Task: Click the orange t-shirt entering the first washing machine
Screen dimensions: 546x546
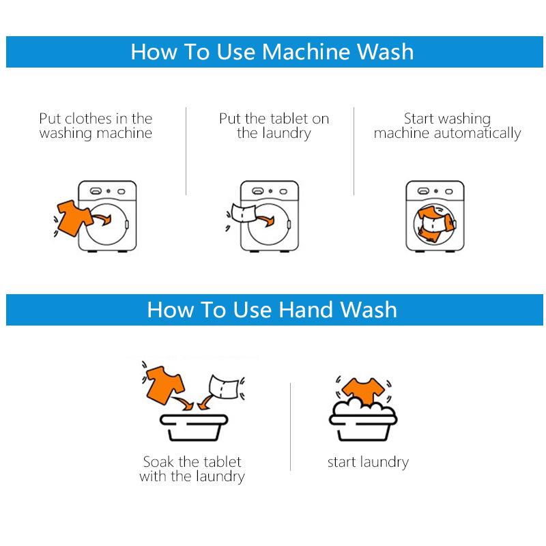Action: (x=74, y=218)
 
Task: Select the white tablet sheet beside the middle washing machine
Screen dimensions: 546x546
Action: (x=244, y=213)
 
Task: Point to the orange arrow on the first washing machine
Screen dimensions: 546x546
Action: (x=102, y=219)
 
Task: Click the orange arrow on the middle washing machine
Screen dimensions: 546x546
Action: (x=265, y=220)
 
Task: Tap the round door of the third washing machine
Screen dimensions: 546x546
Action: (x=435, y=225)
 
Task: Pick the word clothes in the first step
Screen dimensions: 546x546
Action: (x=89, y=119)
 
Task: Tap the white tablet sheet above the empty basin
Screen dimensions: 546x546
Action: (x=223, y=386)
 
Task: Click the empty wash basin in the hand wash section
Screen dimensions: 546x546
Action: (x=194, y=427)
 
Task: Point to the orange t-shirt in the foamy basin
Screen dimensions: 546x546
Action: (x=364, y=390)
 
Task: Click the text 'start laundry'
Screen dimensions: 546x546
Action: (x=368, y=463)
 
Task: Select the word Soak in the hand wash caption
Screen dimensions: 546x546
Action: (x=158, y=462)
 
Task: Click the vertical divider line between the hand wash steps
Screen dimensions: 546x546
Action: (x=291, y=427)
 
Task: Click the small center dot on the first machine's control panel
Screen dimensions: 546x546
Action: (x=109, y=191)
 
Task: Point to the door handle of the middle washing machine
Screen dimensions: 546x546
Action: (x=289, y=225)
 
